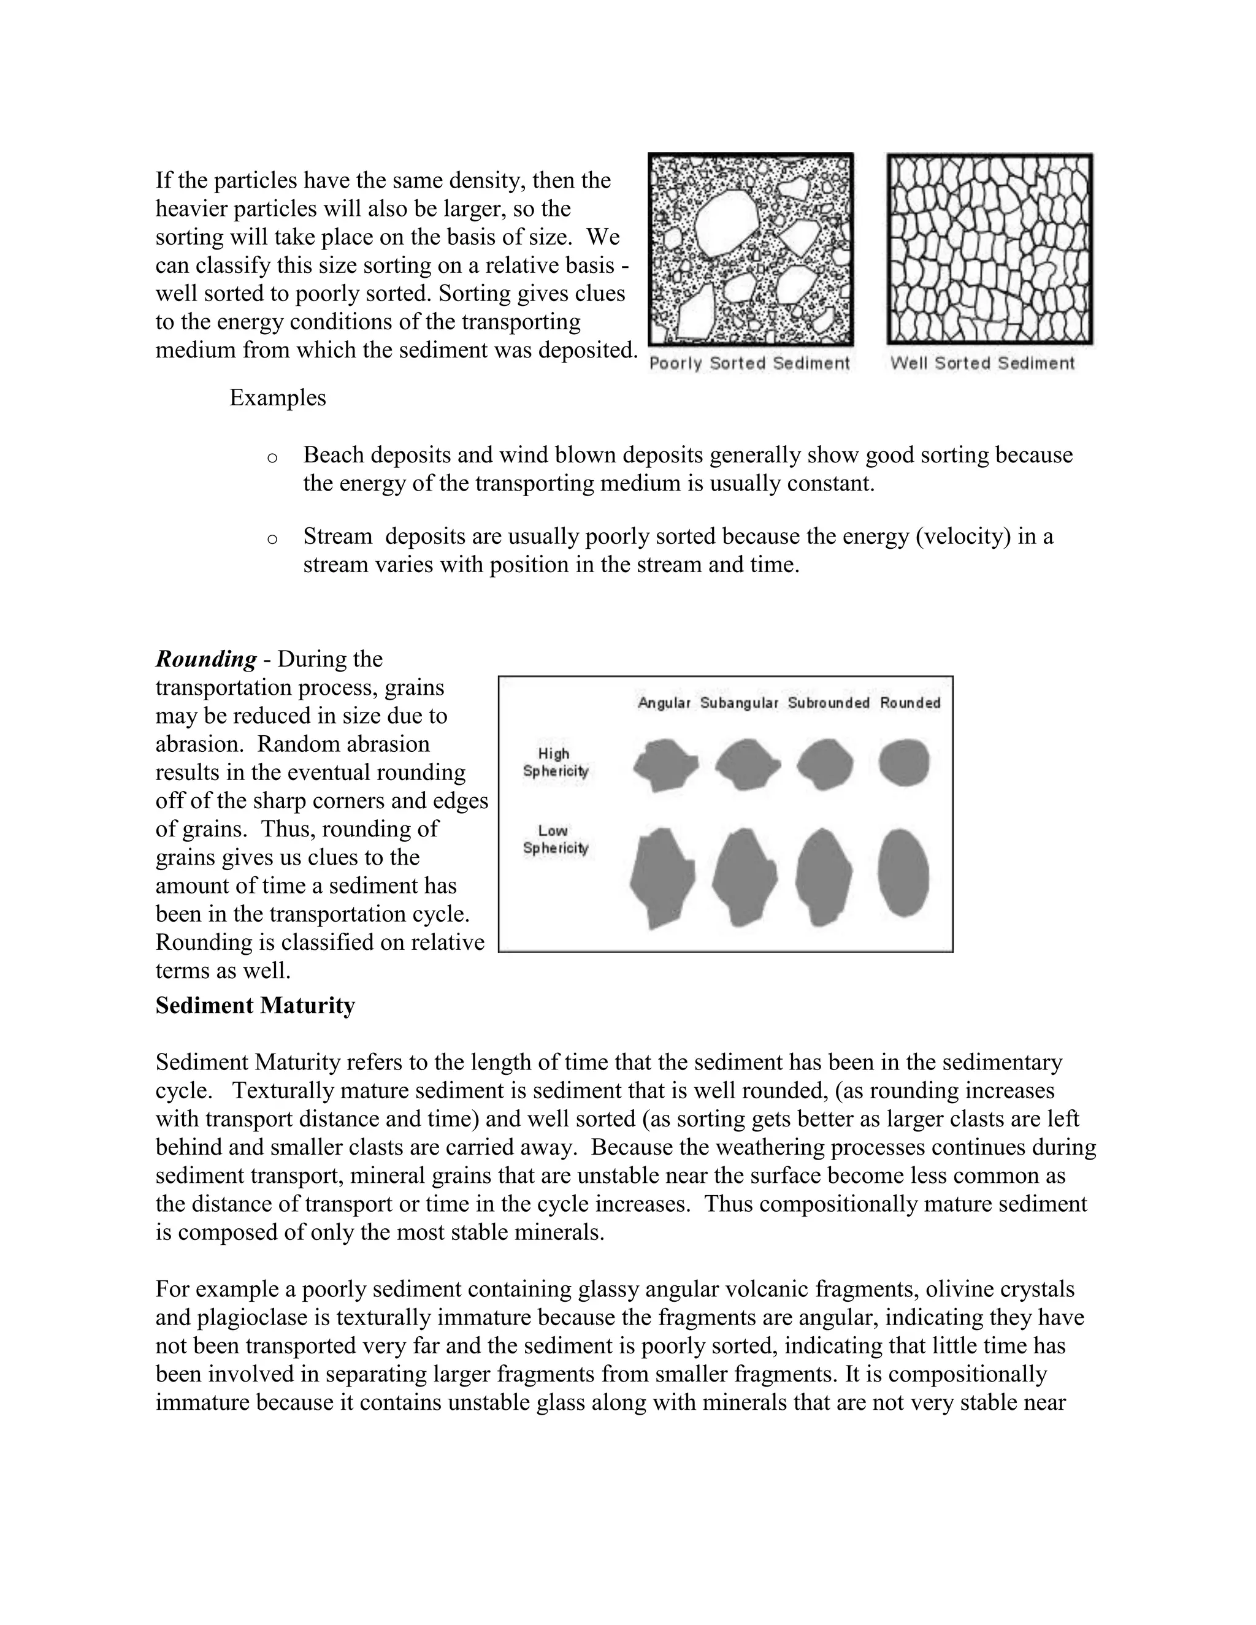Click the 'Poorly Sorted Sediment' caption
(749, 363)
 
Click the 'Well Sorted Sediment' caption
(982, 363)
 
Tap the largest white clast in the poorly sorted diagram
(726, 223)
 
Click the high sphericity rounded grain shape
(904, 763)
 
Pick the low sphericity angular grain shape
(662, 878)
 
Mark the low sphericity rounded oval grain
(903, 873)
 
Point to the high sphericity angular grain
(664, 764)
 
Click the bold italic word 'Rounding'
(206, 659)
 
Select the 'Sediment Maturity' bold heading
(255, 1006)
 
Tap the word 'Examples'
(278, 398)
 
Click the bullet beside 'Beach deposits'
(272, 457)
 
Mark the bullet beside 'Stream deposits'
(272, 538)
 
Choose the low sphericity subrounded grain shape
(823, 876)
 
